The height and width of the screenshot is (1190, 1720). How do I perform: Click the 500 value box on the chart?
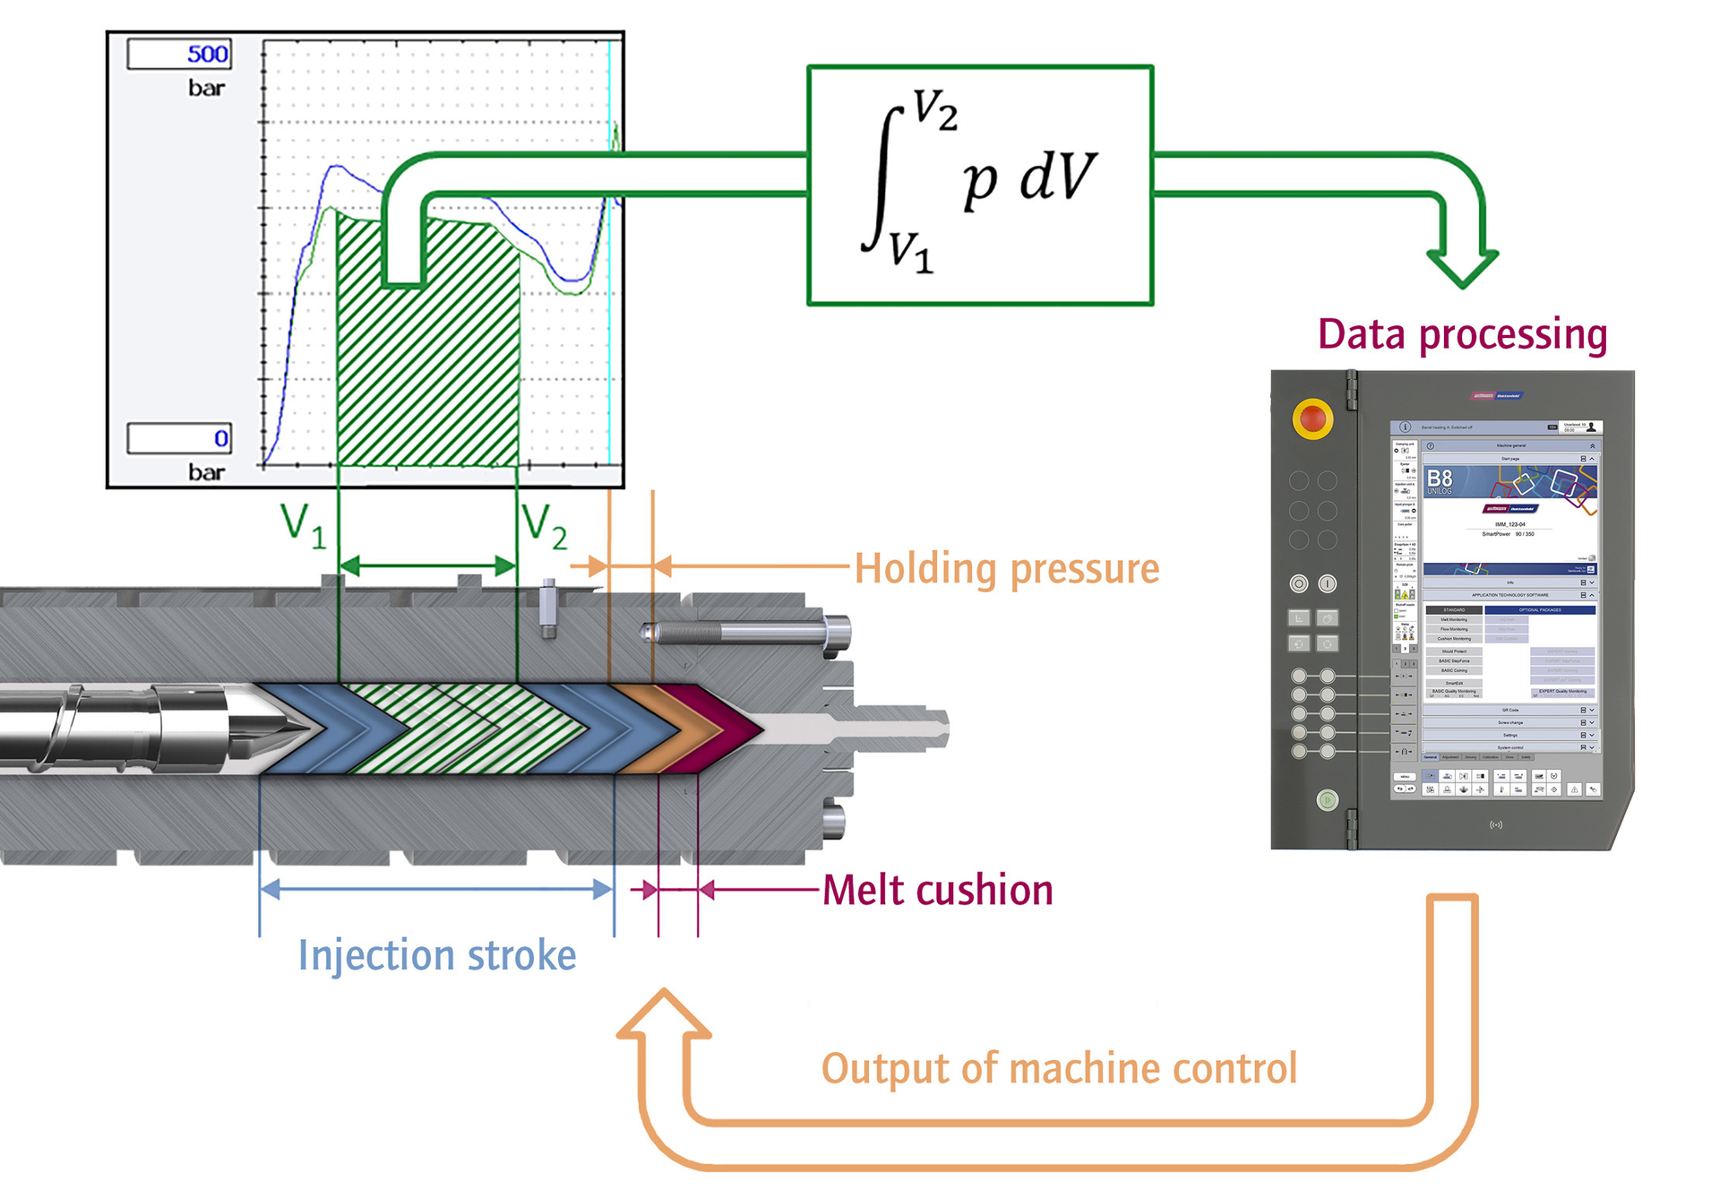[179, 54]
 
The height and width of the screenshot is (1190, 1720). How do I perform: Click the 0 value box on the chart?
[179, 438]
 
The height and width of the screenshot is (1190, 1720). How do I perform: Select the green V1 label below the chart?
[303, 525]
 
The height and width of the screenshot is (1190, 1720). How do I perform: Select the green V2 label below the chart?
[545, 525]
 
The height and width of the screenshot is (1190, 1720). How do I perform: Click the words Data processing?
[1462, 334]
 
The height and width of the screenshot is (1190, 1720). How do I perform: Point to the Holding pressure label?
[1006, 569]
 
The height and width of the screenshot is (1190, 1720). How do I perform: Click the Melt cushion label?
[937, 891]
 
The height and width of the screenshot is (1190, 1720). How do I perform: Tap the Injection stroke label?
[437, 955]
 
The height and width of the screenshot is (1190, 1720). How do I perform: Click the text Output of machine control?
[1059, 1069]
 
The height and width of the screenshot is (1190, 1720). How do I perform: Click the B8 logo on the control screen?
[1440, 480]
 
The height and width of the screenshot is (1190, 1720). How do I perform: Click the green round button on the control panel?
[1328, 799]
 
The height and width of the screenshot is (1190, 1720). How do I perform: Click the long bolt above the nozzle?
[744, 634]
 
